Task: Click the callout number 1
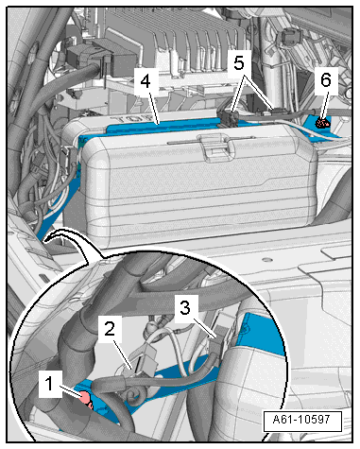coord(49,384)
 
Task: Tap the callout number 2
coord(110,329)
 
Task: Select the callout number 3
coord(185,307)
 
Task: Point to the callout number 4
coord(146,81)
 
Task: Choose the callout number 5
coord(239,63)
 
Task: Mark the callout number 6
coord(326,80)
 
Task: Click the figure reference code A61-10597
coord(301,420)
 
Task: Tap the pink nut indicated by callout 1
coord(85,398)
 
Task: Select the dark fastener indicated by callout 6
coord(322,123)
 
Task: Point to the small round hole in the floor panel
coord(267,260)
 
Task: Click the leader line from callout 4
coord(154,108)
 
